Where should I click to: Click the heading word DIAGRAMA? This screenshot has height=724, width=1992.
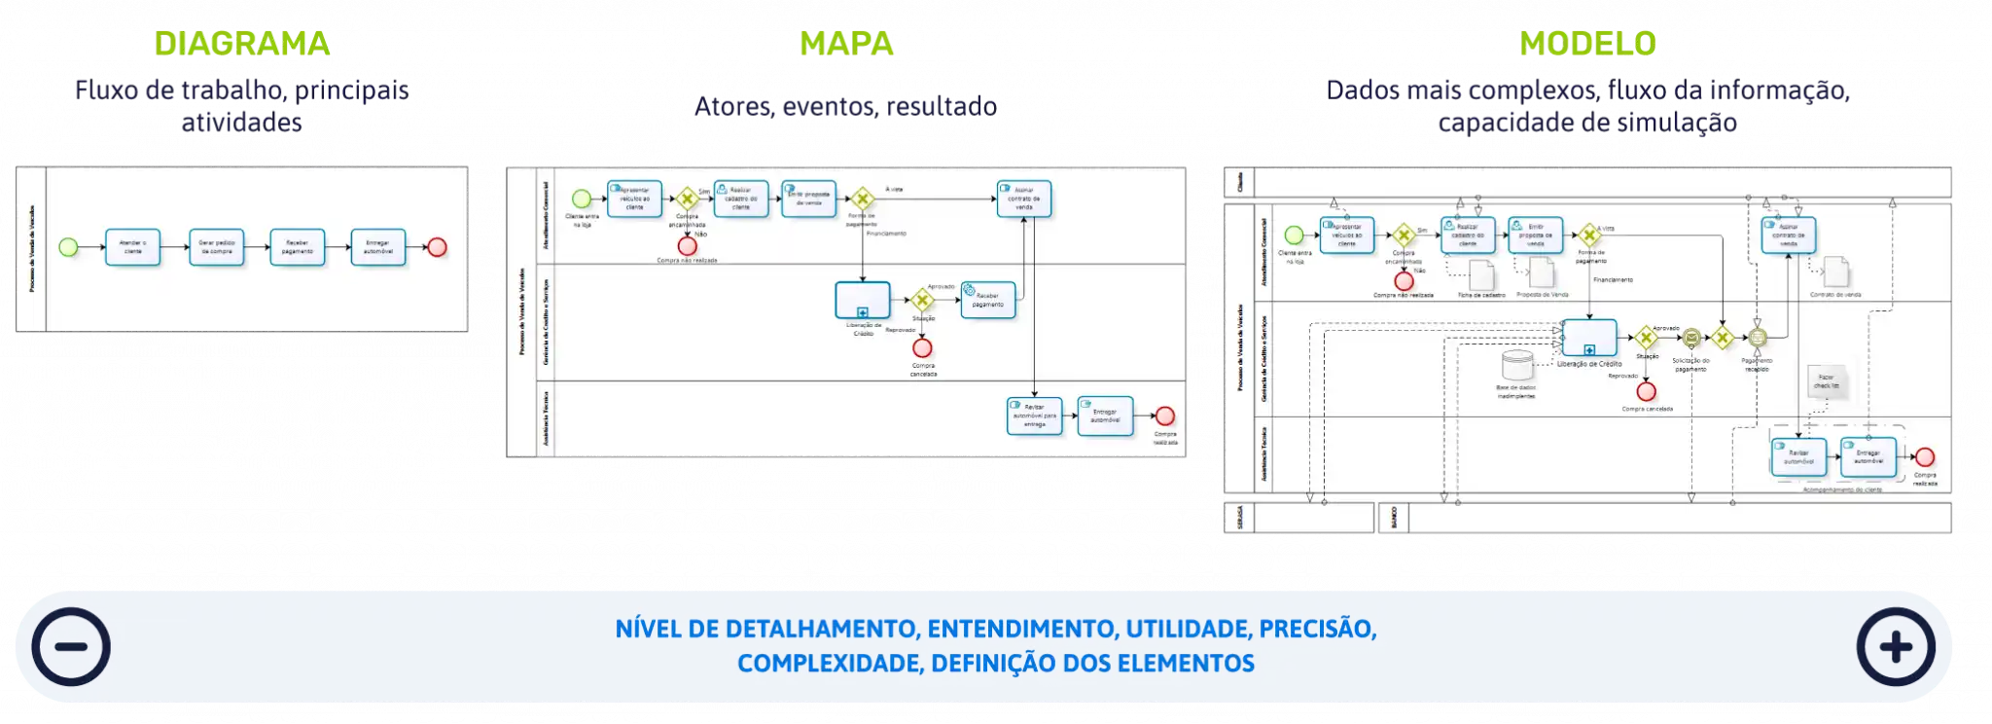click(x=243, y=44)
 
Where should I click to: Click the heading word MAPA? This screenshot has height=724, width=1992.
click(x=846, y=44)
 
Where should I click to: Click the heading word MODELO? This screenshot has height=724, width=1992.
click(x=1587, y=44)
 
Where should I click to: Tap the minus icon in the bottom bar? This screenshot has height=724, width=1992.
click(x=71, y=647)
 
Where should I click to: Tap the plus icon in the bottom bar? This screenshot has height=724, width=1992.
click(x=1896, y=647)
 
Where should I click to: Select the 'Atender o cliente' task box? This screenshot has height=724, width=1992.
click(x=133, y=247)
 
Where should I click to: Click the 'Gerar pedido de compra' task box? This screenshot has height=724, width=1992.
click(x=216, y=247)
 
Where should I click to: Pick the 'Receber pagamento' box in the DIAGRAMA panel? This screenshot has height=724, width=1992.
click(x=298, y=247)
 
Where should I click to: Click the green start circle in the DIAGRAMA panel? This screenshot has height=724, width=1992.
click(x=68, y=247)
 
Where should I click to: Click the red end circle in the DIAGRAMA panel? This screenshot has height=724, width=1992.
click(x=438, y=247)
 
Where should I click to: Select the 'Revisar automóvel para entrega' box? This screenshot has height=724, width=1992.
click(x=1035, y=416)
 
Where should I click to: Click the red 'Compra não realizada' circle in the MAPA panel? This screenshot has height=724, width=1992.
click(x=688, y=246)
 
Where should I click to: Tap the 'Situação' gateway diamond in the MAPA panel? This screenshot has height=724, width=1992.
click(x=922, y=301)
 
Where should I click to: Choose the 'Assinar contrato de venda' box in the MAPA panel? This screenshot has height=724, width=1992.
click(x=1023, y=199)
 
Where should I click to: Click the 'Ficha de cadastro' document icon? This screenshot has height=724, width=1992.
click(x=1480, y=274)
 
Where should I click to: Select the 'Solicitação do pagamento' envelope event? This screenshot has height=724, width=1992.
click(x=1691, y=338)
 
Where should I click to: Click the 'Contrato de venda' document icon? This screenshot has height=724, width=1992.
click(x=1835, y=272)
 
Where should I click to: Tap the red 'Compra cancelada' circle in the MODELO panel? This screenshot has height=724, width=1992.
click(x=1646, y=391)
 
